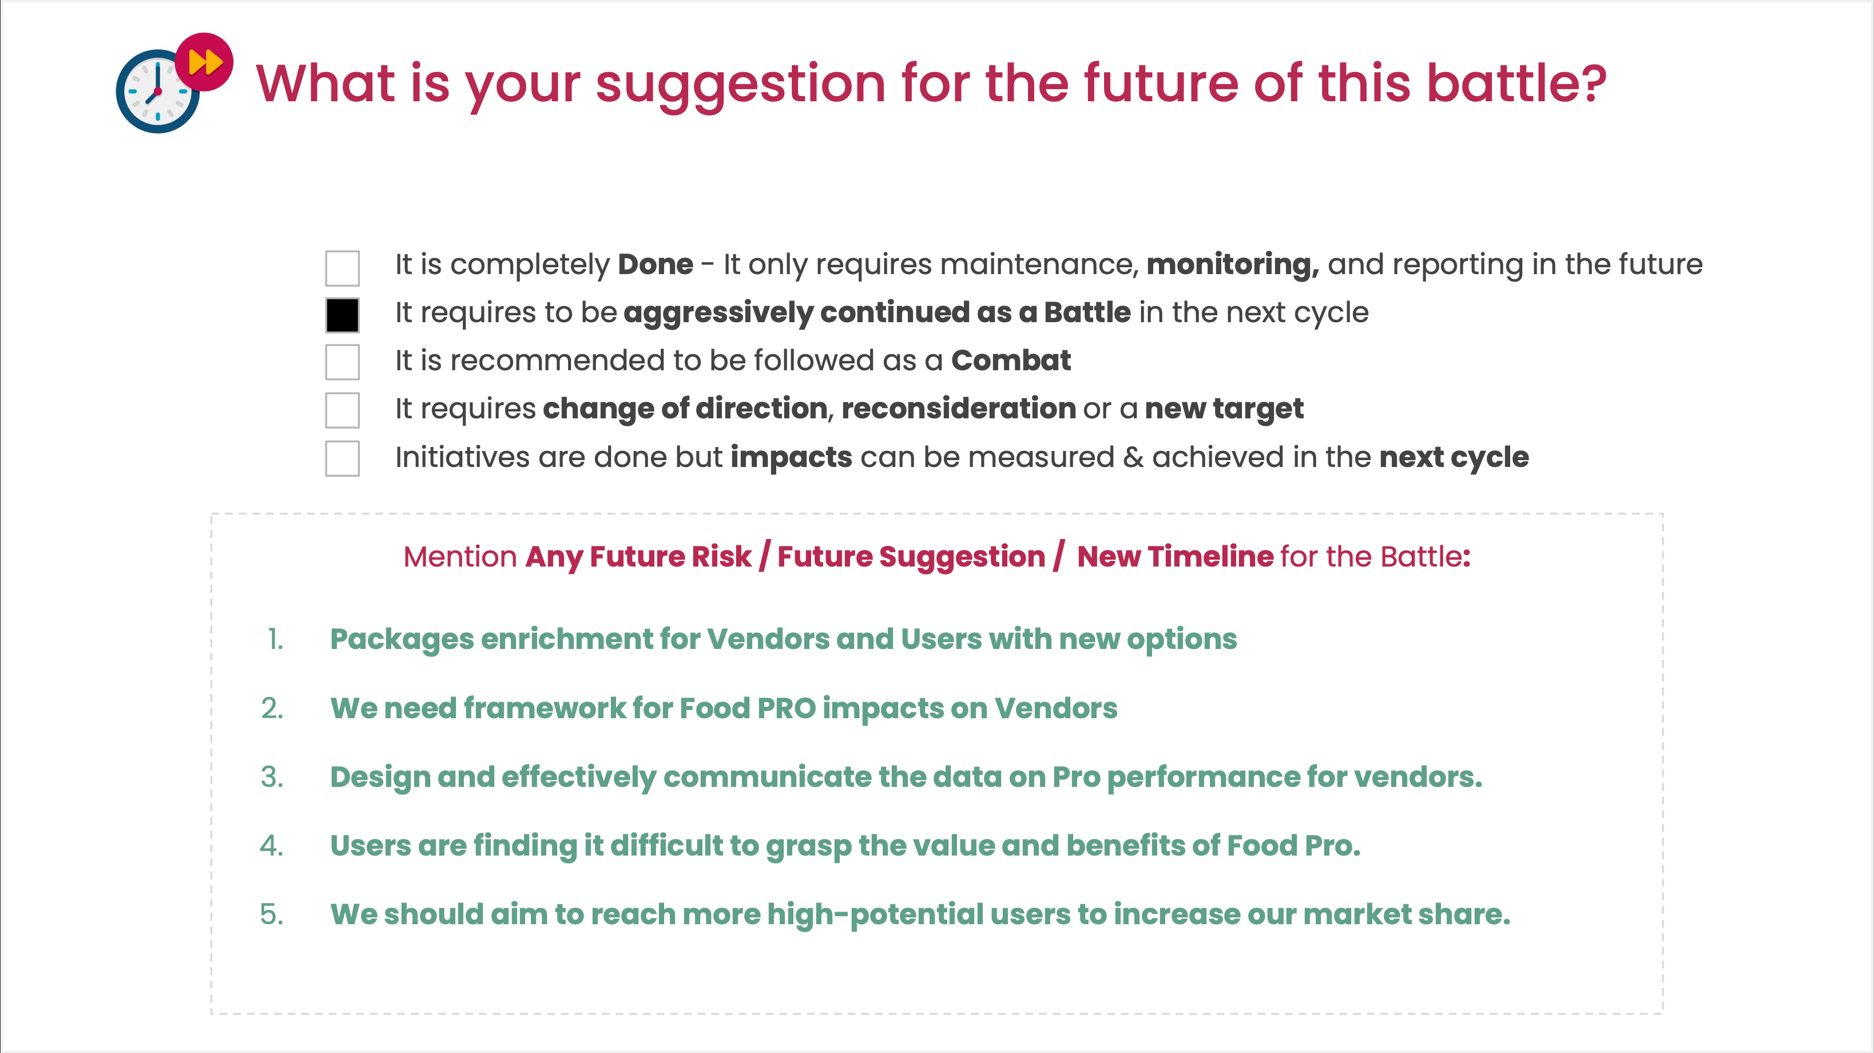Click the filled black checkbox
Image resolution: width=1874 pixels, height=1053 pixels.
pyautogui.click(x=342, y=315)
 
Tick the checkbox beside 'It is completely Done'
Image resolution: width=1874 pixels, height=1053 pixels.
pyautogui.click(x=342, y=268)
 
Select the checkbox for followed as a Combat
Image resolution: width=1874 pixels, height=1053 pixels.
pyautogui.click(x=342, y=362)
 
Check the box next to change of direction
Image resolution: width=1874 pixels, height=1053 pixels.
pyautogui.click(x=342, y=410)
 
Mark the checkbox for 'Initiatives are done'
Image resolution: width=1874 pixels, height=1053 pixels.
pyautogui.click(x=342, y=458)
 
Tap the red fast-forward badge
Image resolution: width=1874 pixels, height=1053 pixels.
pyautogui.click(x=204, y=62)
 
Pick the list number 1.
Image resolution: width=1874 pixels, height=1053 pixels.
pyautogui.click(x=275, y=639)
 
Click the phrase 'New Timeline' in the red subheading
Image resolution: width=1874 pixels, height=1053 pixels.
pyautogui.click(x=1175, y=557)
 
